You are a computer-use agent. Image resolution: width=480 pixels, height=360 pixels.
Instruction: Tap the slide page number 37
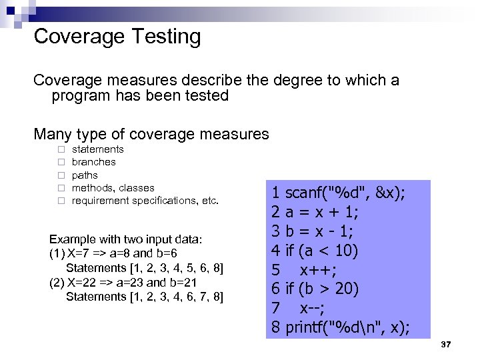447,344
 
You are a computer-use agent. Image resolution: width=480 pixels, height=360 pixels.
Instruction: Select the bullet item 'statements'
97,149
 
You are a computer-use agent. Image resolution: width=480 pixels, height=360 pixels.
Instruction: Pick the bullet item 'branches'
93,162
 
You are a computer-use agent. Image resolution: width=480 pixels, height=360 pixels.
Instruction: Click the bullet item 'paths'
85,175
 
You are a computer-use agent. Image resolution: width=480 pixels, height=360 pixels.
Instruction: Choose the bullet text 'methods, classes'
113,188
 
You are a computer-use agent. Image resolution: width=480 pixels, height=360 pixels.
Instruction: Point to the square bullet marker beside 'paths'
61,175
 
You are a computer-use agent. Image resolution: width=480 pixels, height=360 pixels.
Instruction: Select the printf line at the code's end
341,328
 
